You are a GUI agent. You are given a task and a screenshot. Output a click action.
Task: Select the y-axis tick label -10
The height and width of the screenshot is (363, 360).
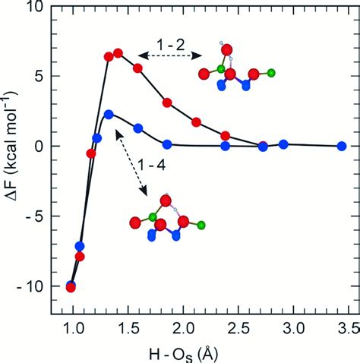click(30, 287)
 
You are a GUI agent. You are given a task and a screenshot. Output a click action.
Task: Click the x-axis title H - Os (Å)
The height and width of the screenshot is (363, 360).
click(183, 354)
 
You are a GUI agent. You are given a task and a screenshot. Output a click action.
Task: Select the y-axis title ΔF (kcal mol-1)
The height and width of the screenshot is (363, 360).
click(11, 146)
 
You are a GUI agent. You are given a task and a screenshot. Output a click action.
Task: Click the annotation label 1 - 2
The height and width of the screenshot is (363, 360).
click(170, 45)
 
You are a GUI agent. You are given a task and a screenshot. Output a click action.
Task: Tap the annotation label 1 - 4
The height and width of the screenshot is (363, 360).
click(151, 166)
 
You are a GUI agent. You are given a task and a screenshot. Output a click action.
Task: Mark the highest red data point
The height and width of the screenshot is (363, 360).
click(118, 53)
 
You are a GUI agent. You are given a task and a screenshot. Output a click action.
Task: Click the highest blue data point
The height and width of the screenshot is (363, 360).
click(109, 115)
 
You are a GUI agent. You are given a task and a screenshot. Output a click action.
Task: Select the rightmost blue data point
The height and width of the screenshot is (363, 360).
click(342, 146)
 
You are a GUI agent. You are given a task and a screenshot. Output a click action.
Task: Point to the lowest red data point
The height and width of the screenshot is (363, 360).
click(71, 288)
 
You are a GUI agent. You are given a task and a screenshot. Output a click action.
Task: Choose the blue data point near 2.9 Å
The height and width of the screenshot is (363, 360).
click(283, 144)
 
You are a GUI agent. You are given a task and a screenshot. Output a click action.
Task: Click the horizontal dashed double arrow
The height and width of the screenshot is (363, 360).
click(170, 55)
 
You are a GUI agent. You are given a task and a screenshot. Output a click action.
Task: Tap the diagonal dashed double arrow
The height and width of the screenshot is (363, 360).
click(131, 162)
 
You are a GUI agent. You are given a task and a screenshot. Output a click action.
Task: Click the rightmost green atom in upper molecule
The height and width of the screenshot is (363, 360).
click(271, 73)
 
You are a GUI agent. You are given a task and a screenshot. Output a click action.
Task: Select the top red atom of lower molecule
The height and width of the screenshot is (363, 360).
click(166, 201)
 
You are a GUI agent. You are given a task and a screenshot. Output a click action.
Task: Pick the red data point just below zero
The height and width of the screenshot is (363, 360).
click(91, 153)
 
